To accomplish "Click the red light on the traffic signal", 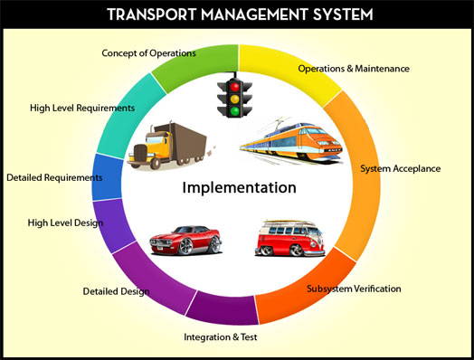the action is (234, 87).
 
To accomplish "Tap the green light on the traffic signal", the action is (234, 111).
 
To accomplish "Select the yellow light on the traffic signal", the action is (234, 99).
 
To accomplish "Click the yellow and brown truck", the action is (168, 146).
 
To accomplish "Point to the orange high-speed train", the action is (290, 141).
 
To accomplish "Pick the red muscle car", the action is (185, 240).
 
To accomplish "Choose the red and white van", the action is (289, 238).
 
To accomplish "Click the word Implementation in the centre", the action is (239, 187).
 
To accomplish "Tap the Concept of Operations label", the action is (148, 53).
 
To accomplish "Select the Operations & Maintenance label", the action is (354, 69).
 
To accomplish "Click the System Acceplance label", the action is (400, 168).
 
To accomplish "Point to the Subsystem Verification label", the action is (354, 289).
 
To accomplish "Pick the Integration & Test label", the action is (221, 337).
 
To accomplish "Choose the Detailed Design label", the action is (116, 291).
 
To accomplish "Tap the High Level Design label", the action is (65, 223).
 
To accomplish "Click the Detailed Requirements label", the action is (54, 177).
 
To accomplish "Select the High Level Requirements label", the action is (82, 108).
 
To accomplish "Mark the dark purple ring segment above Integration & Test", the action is (223, 308).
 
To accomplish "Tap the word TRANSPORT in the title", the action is (151, 14).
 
